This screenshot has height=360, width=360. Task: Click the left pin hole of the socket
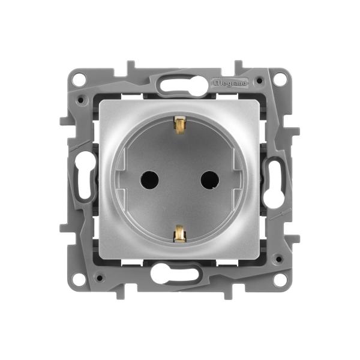(x=149, y=180)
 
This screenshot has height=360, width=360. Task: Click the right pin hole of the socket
(x=209, y=180)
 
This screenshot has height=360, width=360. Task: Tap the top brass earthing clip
(x=179, y=125)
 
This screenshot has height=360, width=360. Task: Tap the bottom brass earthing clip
(x=179, y=233)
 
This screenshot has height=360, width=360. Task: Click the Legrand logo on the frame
(x=230, y=83)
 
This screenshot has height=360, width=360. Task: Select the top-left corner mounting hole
(x=79, y=79)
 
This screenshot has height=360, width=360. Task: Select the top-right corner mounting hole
(x=280, y=79)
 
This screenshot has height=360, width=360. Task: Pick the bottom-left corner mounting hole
(x=79, y=280)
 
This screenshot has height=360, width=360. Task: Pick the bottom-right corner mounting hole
(x=280, y=280)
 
